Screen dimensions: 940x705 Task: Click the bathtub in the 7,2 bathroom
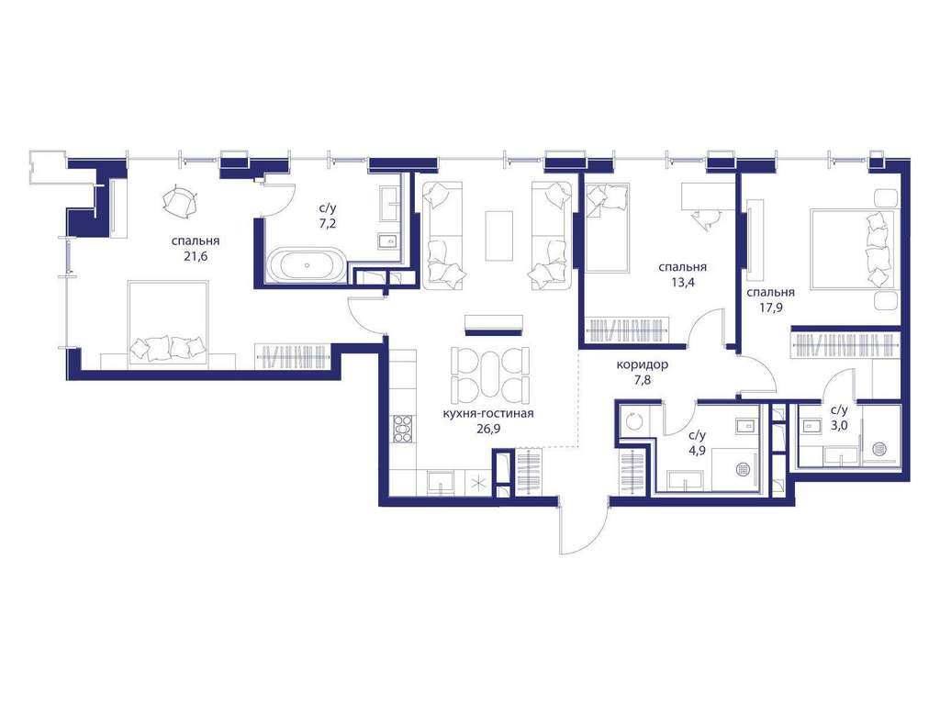307,265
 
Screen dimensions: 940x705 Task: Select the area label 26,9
487,429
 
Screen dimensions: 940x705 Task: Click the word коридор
642,364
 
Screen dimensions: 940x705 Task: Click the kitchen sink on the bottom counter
441,482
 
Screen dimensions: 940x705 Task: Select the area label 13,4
682,283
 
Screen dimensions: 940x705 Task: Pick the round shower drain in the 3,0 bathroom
880,449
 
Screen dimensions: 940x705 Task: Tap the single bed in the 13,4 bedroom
606,228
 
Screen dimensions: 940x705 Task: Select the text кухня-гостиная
488,414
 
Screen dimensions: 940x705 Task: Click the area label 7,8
642,379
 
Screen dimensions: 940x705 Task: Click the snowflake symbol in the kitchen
479,483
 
